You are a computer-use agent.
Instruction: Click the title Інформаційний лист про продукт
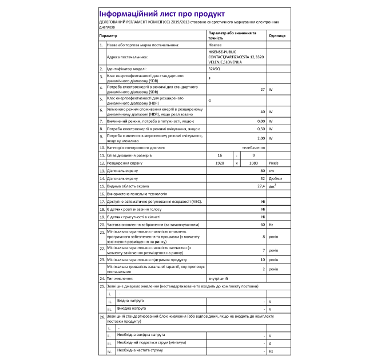tap(162, 14)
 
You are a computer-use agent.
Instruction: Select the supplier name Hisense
tap(216, 44)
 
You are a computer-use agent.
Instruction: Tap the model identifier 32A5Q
tap(215, 69)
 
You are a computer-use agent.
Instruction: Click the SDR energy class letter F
tap(210, 79)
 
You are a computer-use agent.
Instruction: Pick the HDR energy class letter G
tap(210, 101)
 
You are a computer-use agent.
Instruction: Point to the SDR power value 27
tap(263, 90)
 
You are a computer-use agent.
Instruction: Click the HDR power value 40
tap(263, 111)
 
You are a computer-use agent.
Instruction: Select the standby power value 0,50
tap(260, 130)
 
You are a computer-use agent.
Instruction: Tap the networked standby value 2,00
tap(260, 138)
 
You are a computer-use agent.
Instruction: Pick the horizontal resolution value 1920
tap(219, 163)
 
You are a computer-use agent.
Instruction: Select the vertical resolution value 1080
tap(253, 163)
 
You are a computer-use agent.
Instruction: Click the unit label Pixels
tap(273, 163)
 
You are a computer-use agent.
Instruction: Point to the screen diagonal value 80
tap(263, 171)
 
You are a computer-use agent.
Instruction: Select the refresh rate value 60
tap(263, 225)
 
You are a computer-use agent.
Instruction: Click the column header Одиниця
tap(276, 35)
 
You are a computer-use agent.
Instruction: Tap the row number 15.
tap(102, 186)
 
